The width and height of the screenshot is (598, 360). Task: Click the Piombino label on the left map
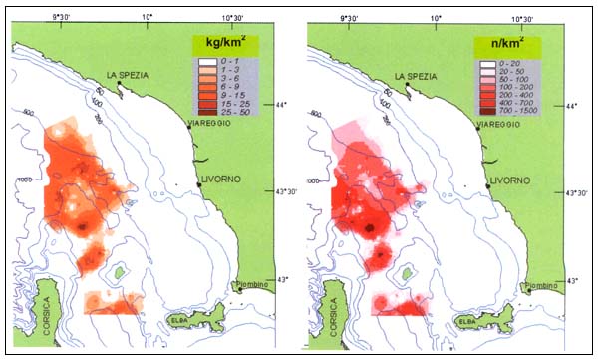click(258, 287)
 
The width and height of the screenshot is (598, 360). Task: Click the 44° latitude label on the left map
click(279, 105)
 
